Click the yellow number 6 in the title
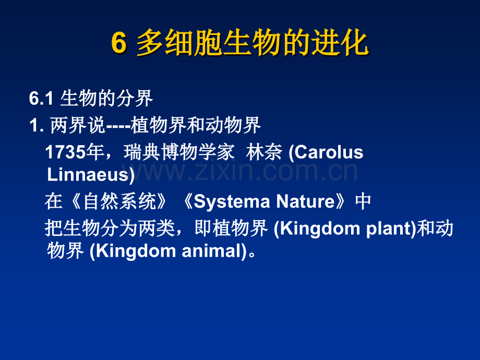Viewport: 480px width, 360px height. tap(119, 43)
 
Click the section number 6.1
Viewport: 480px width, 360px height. tap(41, 99)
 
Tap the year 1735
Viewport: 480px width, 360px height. tap(65, 152)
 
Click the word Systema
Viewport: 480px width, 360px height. tap(232, 201)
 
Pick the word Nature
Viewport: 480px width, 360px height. tap(306, 201)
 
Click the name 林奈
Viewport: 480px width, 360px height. tap(264, 152)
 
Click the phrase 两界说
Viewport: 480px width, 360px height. tap(77, 125)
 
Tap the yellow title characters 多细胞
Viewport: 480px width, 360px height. tap(179, 43)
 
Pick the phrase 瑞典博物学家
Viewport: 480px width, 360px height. tap(179, 152)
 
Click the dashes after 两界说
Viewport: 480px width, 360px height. tap(118, 126)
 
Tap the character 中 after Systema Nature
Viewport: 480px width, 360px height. tap(363, 201)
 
